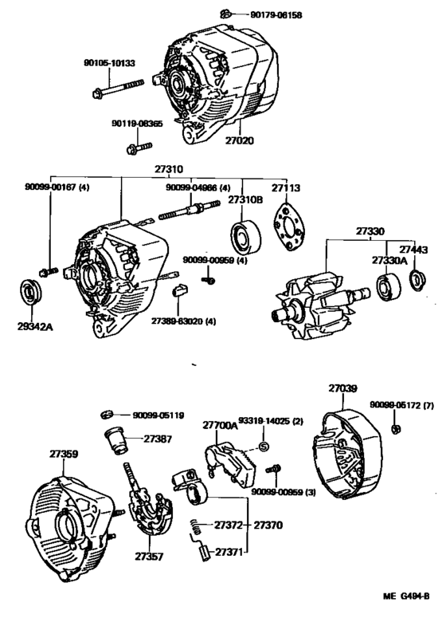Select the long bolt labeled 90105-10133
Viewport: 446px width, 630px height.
120,86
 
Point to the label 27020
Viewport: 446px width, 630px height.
238,140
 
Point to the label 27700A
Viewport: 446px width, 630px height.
220,427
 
